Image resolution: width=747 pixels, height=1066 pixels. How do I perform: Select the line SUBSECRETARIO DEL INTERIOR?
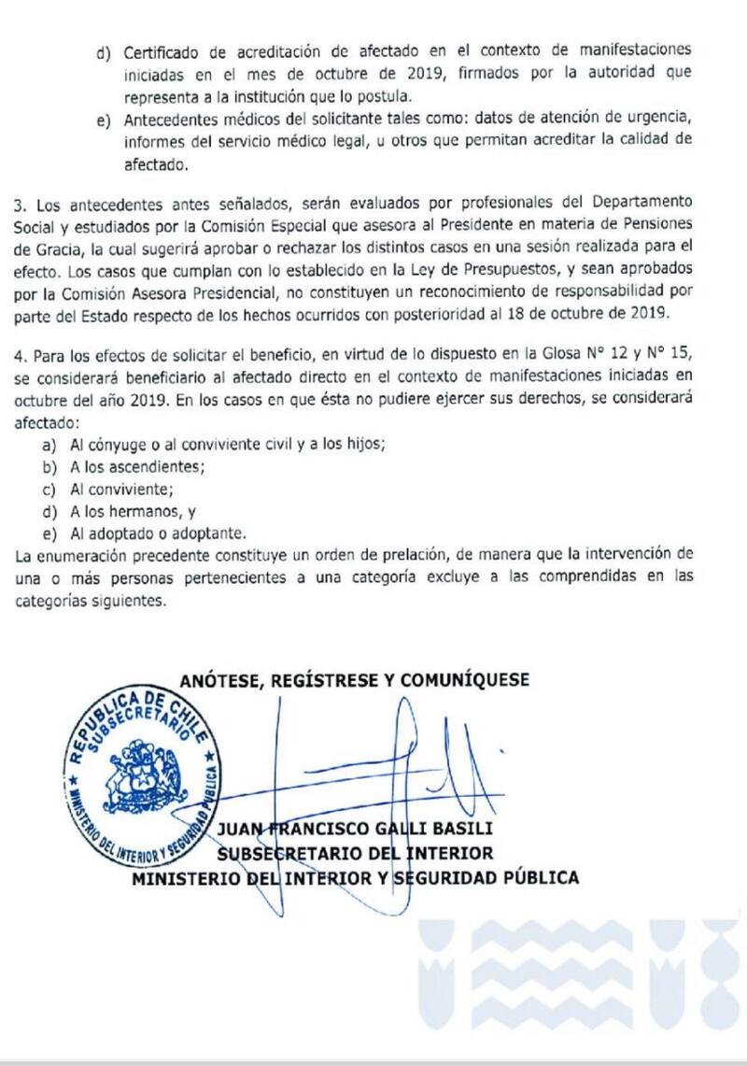[355, 853]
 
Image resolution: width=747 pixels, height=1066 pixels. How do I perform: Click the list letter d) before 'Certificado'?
[103, 50]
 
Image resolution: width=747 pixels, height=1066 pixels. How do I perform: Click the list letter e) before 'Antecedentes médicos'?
[103, 120]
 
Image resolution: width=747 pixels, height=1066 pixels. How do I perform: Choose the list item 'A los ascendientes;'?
[138, 466]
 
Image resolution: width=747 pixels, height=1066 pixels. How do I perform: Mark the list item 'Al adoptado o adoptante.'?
[158, 533]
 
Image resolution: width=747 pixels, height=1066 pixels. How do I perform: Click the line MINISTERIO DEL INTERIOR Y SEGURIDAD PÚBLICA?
[355, 877]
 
